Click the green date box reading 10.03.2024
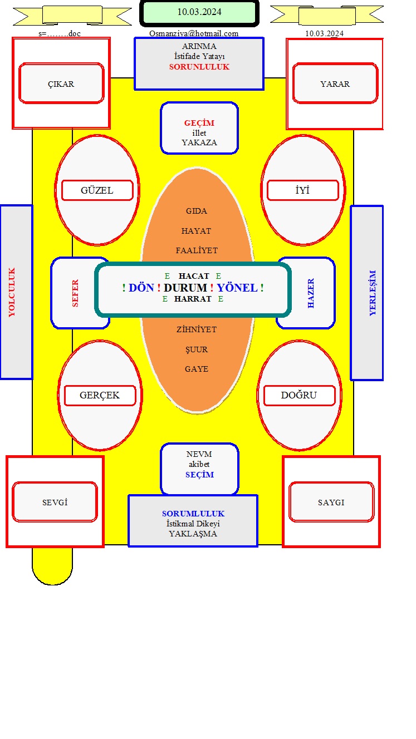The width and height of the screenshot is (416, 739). (x=199, y=13)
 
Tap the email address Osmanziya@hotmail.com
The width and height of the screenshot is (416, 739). (x=194, y=33)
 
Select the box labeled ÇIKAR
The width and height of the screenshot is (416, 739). (x=61, y=83)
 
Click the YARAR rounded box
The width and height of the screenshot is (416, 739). (x=335, y=83)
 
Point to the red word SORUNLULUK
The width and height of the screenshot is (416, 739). (x=199, y=67)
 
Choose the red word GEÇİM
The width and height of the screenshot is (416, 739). (x=199, y=123)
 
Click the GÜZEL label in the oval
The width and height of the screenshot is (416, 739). (x=97, y=190)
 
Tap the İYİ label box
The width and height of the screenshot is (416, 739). (x=303, y=190)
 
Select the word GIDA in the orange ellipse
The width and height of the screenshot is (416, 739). (x=197, y=211)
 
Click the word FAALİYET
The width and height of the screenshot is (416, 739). (x=197, y=250)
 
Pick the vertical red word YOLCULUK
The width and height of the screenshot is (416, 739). (x=12, y=292)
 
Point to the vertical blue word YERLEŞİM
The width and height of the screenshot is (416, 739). (x=373, y=293)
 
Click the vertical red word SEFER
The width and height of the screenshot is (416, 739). (x=75, y=293)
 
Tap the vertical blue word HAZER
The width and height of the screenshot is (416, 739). (x=311, y=293)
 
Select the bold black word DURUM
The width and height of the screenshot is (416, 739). (x=185, y=288)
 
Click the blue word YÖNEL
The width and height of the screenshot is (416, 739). (x=237, y=288)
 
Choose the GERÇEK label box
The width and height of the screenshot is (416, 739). (x=100, y=395)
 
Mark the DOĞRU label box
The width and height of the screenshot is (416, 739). (x=299, y=395)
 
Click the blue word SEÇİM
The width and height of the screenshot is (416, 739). (x=199, y=475)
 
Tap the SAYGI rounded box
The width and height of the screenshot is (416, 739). (x=331, y=502)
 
